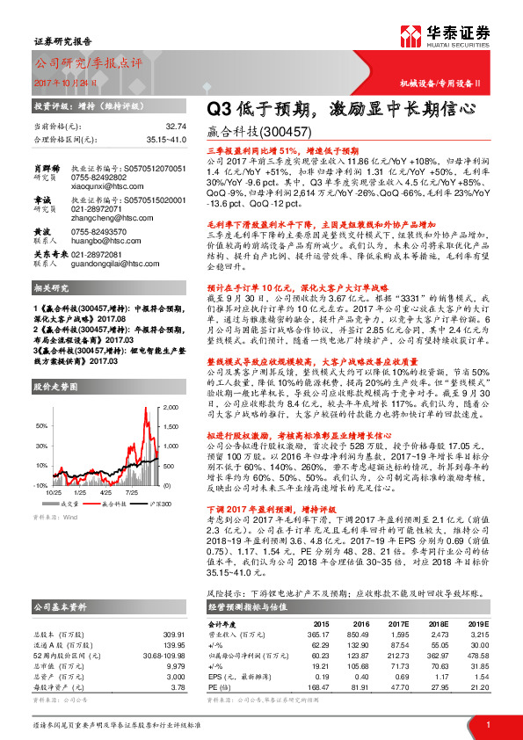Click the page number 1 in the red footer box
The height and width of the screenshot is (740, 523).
point(486,723)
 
